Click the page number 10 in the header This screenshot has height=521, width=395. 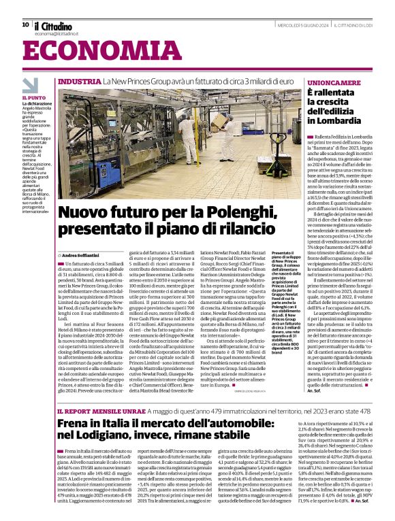point(25,24)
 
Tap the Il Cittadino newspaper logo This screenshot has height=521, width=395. point(52,25)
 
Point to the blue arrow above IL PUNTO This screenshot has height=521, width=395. point(31,85)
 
